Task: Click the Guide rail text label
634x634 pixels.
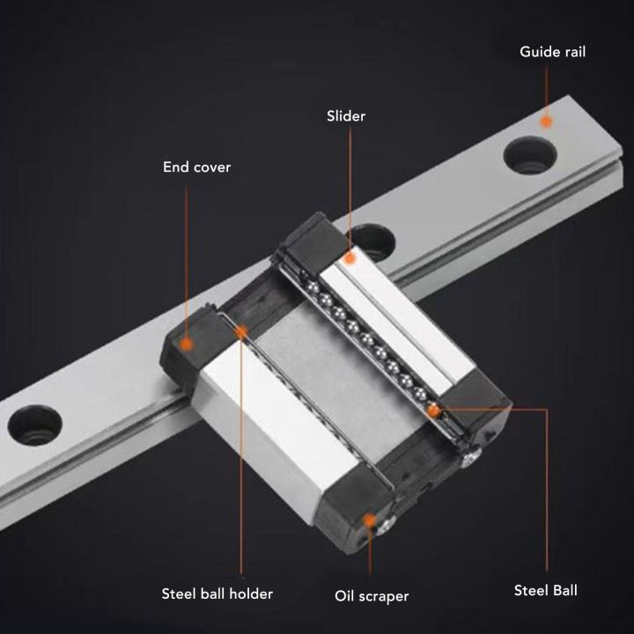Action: coord(552,52)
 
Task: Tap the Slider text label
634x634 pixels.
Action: coord(345,115)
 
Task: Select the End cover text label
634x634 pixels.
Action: coord(196,166)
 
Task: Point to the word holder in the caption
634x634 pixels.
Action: coord(249,593)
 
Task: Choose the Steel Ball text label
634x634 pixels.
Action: coord(545,590)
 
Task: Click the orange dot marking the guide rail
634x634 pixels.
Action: coord(546,122)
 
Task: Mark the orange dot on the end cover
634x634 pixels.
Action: coord(186,343)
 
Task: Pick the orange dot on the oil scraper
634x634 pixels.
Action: coord(371,520)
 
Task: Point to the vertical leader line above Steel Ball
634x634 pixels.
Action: coord(547,493)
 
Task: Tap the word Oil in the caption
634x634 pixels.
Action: coord(345,596)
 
